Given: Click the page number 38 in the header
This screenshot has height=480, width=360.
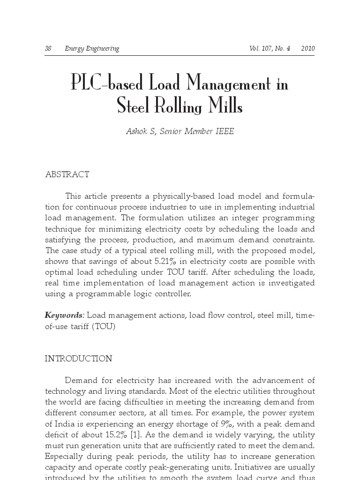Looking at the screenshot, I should pos(48,49).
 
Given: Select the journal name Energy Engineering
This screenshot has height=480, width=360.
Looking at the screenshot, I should pos(92,49).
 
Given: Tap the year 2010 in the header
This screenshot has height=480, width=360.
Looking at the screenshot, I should pos(307,49).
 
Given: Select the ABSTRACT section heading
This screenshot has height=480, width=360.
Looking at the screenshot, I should pos(67,175).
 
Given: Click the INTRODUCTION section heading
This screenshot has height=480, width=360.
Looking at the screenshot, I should pos(78,359).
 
